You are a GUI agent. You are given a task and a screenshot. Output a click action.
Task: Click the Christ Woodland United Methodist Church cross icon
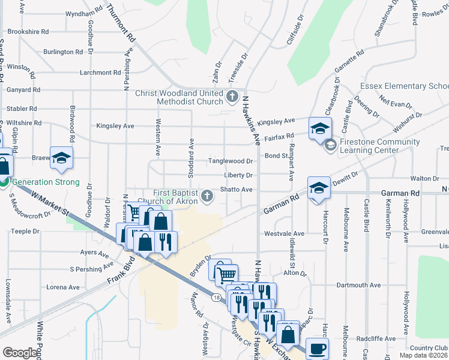tap(233, 96)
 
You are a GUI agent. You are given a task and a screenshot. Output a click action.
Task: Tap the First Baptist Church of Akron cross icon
tap(207, 196)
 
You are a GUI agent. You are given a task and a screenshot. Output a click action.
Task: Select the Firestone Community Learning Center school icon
tap(330, 145)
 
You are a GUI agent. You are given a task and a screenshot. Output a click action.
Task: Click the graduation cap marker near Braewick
tap(61, 158)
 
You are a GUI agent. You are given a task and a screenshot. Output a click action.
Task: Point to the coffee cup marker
tap(317, 349)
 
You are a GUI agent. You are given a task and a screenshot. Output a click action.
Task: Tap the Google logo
tap(19, 353)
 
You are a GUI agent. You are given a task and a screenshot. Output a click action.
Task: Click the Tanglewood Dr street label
tap(231, 161)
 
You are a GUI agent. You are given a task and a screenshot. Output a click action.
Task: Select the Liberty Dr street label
tap(238, 175)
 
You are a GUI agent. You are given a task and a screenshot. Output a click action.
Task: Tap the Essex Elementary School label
tap(404, 86)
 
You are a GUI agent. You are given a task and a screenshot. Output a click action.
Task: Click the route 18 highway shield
tap(215, 295)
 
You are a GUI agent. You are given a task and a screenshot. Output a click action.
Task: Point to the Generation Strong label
tap(46, 182)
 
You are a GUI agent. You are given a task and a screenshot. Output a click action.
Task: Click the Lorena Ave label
tap(62, 287)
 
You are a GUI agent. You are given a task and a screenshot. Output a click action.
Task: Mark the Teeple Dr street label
tap(25, 231)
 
